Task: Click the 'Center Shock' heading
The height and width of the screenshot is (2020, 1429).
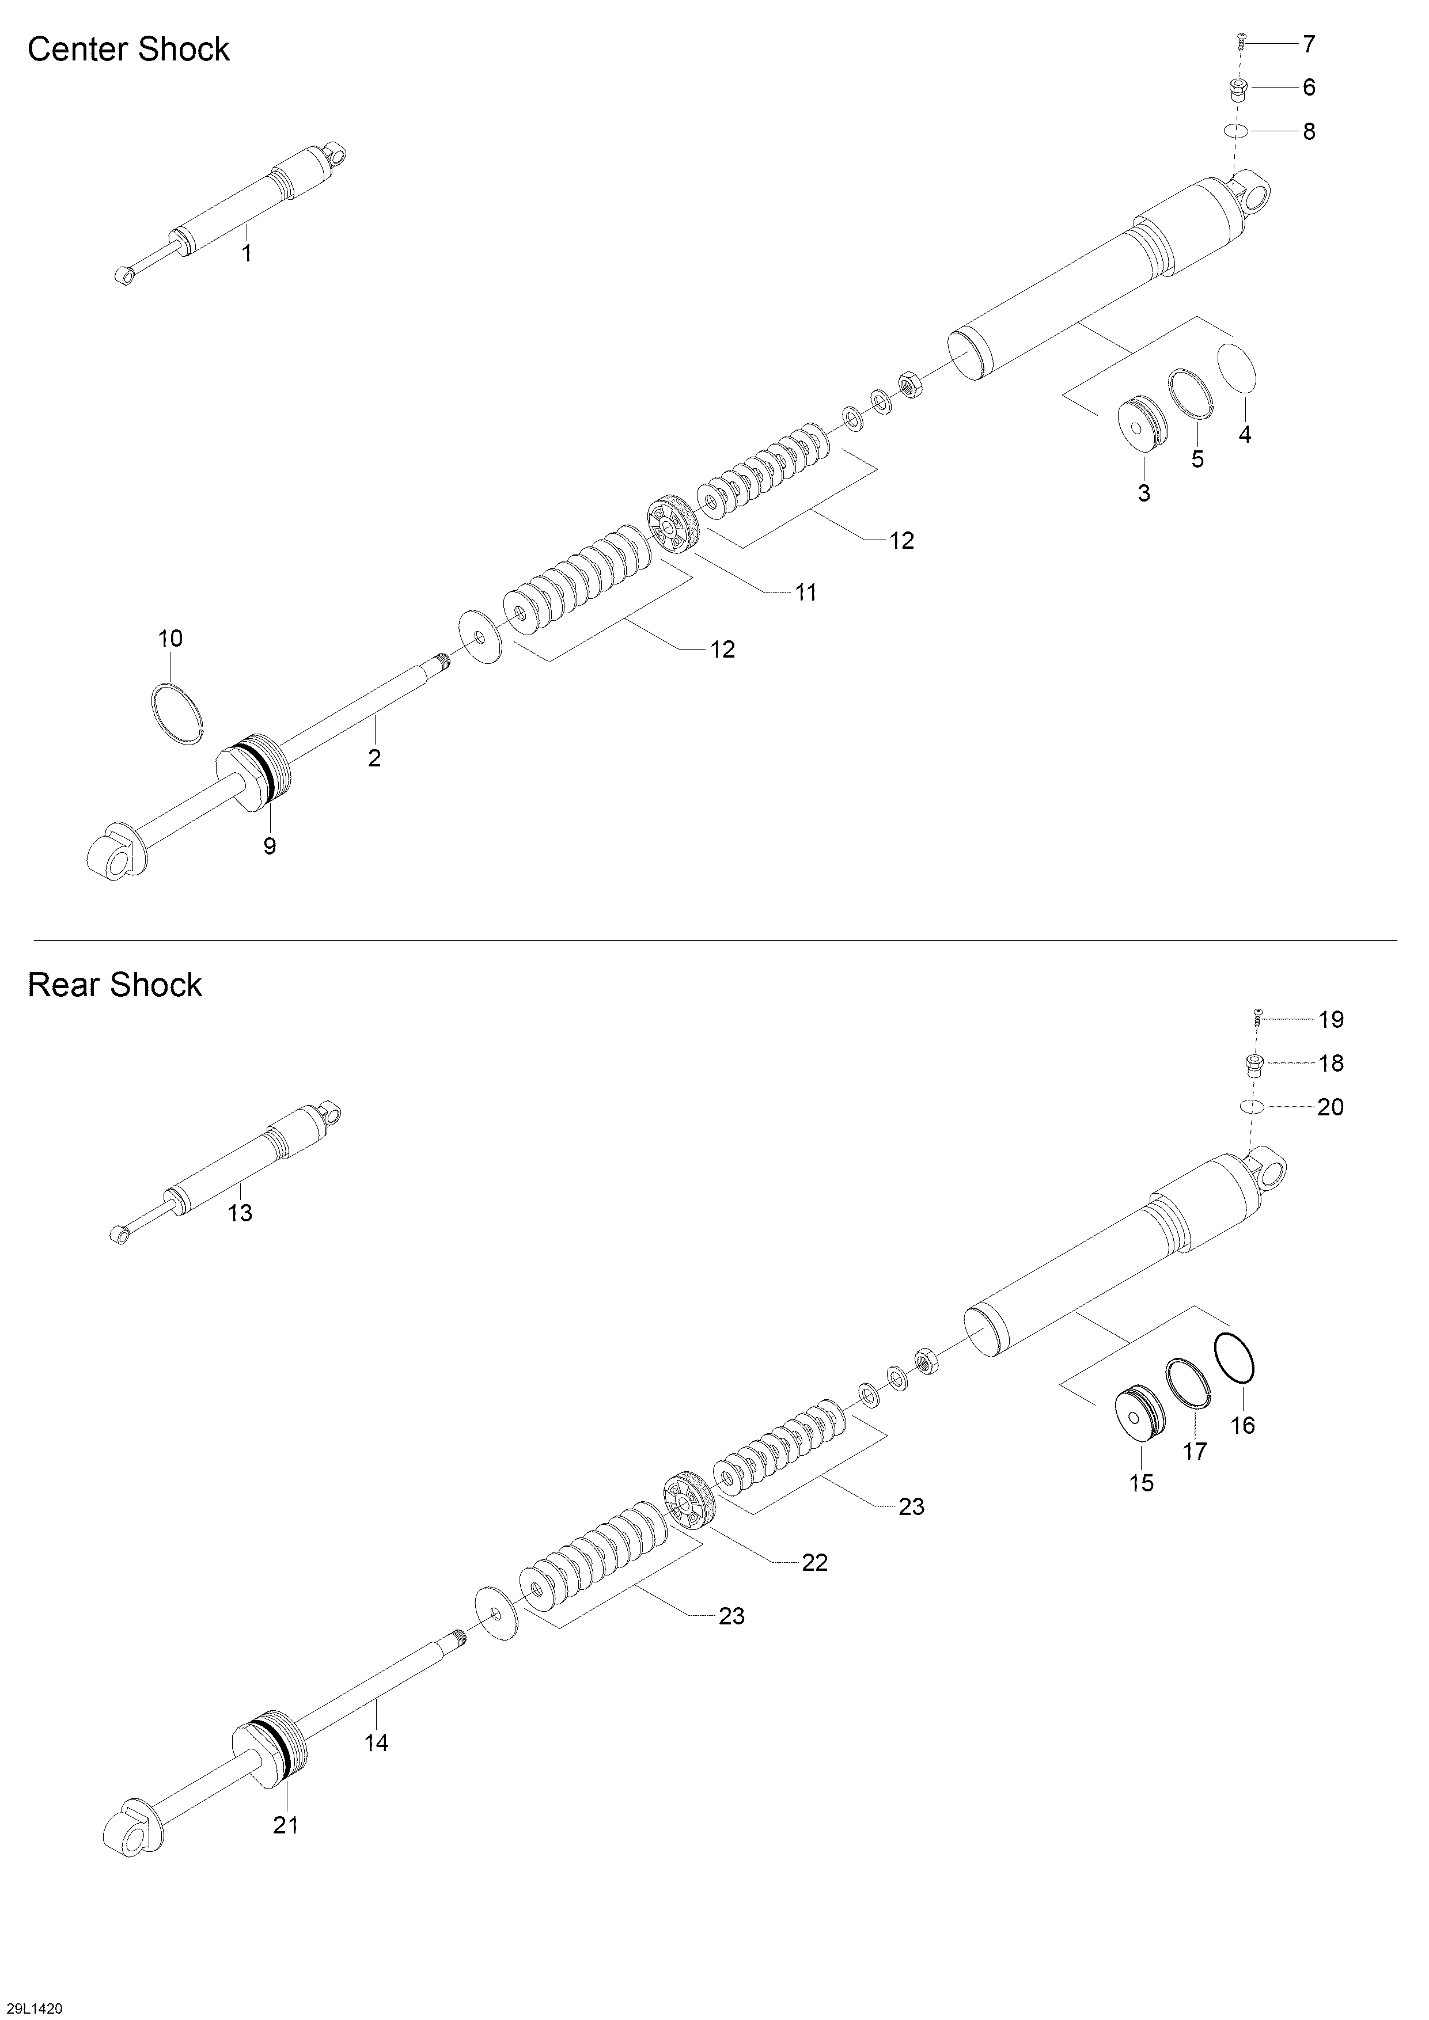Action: click(128, 50)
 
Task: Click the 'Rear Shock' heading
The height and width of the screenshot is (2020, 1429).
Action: click(115, 985)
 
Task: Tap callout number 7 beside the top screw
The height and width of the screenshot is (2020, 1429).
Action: click(1309, 43)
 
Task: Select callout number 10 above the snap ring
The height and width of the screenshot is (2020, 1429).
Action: click(170, 638)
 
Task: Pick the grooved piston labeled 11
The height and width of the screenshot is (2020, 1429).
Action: click(674, 526)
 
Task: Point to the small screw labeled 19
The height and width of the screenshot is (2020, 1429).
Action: click(1257, 1019)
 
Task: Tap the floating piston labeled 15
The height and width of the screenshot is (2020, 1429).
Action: click(1139, 1415)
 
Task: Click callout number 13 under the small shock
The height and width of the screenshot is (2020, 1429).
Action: click(240, 1213)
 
